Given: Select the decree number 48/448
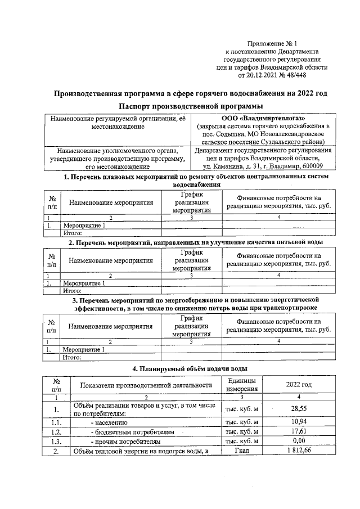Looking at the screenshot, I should coord(294,75).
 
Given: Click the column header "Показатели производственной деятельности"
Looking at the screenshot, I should coord(145,385).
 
